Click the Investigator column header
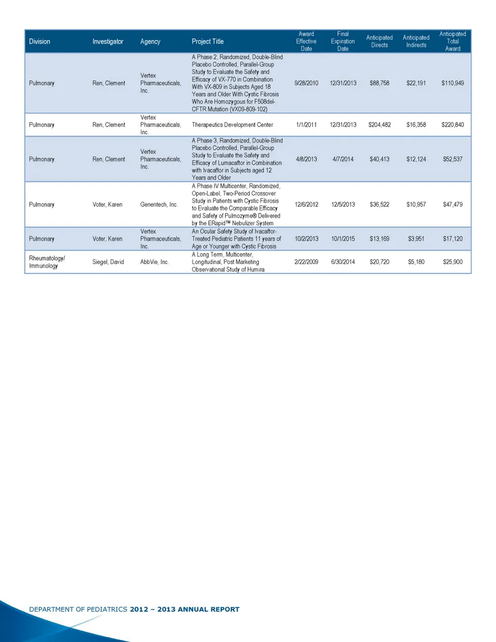coord(107,41)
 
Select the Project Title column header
coord(208,41)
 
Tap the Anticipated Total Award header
coord(453,41)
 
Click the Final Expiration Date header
coord(343,41)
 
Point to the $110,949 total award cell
coord(453,83)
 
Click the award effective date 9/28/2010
coord(306,83)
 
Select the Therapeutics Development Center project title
coord(233,125)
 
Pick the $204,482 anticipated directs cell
coord(379,125)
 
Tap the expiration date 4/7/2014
coord(343,159)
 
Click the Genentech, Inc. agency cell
coord(159,205)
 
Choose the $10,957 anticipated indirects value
coord(416,205)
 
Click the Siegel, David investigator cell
coord(108,262)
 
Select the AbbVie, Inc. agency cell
coord(154,262)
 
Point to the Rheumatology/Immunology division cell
coord(47,262)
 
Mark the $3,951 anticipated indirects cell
coord(416,239)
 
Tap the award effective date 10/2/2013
coord(306,239)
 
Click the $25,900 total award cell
coord(453,262)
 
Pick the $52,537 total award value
coord(453,159)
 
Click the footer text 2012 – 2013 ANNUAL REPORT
coord(184,609)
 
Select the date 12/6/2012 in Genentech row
coord(306,205)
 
